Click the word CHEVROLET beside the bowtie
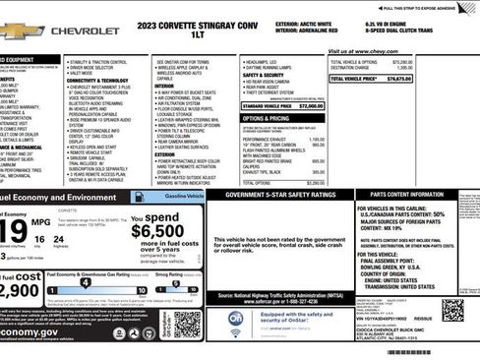(x=85, y=30)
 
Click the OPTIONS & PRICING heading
(x=267, y=117)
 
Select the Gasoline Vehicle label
(x=185, y=197)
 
